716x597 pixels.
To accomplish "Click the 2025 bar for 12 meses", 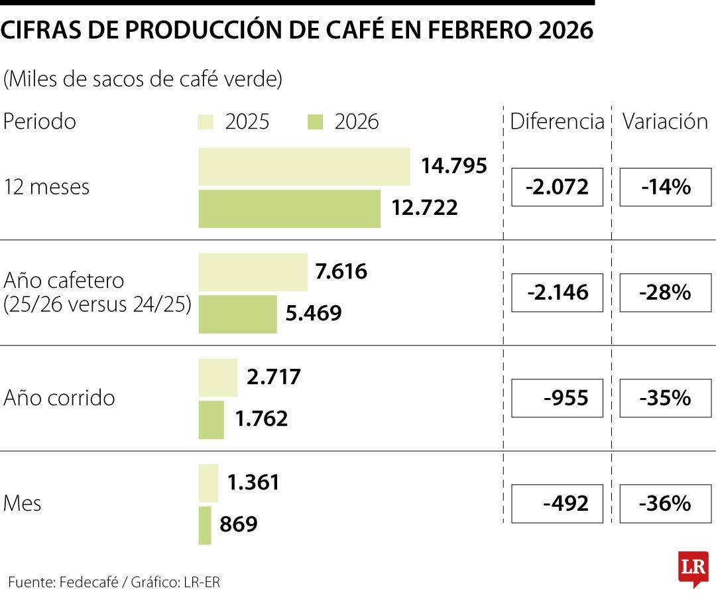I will tap(304, 166).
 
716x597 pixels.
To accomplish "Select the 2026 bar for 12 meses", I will tap(289, 209).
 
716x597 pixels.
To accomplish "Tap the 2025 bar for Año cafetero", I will tap(253, 272).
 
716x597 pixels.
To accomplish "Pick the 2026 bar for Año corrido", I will tap(211, 420).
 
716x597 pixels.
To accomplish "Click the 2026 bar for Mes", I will tap(205, 525).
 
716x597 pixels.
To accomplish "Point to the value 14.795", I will tap(454, 166).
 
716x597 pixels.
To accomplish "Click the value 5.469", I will tap(314, 313).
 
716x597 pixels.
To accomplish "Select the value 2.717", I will tap(273, 377).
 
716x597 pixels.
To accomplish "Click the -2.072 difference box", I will tap(557, 187).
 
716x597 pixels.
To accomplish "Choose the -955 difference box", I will tap(557, 398).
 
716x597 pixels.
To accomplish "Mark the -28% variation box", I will tap(665, 293).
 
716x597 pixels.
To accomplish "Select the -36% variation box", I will tap(665, 503).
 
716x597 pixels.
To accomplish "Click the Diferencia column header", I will tap(557, 121).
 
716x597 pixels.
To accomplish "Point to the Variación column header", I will tap(665, 121).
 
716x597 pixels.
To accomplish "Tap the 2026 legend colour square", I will tap(316, 122).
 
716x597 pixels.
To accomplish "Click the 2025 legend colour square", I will tap(206, 122).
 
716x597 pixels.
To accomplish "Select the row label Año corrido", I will tap(59, 398).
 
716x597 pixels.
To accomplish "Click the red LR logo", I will tap(693, 568).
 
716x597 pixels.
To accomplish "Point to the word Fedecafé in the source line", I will tap(89, 582).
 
